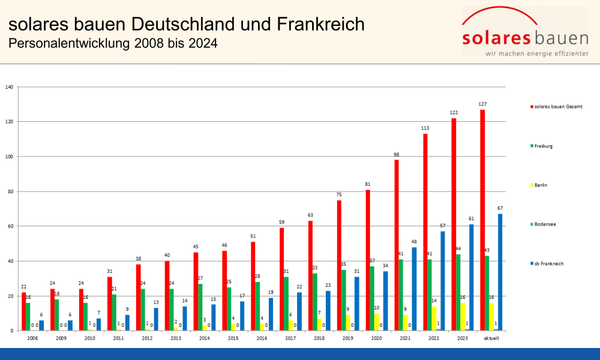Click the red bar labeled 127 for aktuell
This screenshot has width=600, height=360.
pyautogui.click(x=482, y=220)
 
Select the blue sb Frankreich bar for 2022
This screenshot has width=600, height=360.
pyautogui.click(x=443, y=281)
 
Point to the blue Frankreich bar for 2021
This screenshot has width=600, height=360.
pyautogui.click(x=414, y=289)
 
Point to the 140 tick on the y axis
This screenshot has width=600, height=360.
pyautogui.click(x=9, y=87)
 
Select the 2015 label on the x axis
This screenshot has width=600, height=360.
pyautogui.click(x=233, y=338)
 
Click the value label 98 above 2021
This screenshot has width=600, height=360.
pyautogui.click(x=397, y=154)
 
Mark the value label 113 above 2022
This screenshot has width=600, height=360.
pyautogui.click(x=425, y=128)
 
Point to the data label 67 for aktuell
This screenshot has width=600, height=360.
pyautogui.click(x=500, y=208)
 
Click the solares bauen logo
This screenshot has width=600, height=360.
pyautogui.click(x=525, y=33)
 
